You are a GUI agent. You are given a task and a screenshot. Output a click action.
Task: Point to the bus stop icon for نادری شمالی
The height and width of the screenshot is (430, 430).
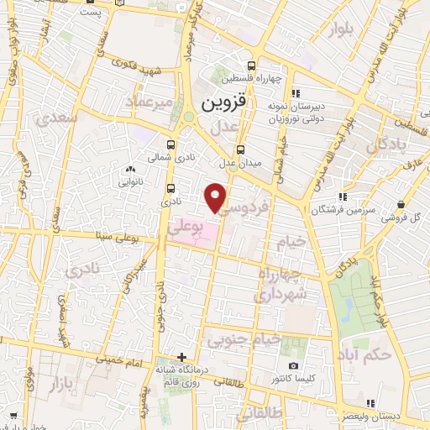pyautogui.click(x=171, y=144)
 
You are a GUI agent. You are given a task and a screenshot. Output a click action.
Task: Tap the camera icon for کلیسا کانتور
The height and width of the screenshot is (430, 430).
pyautogui.click(x=293, y=365)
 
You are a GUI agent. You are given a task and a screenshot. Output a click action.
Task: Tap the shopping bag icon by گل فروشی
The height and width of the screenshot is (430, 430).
pyautogui.click(x=401, y=204)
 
